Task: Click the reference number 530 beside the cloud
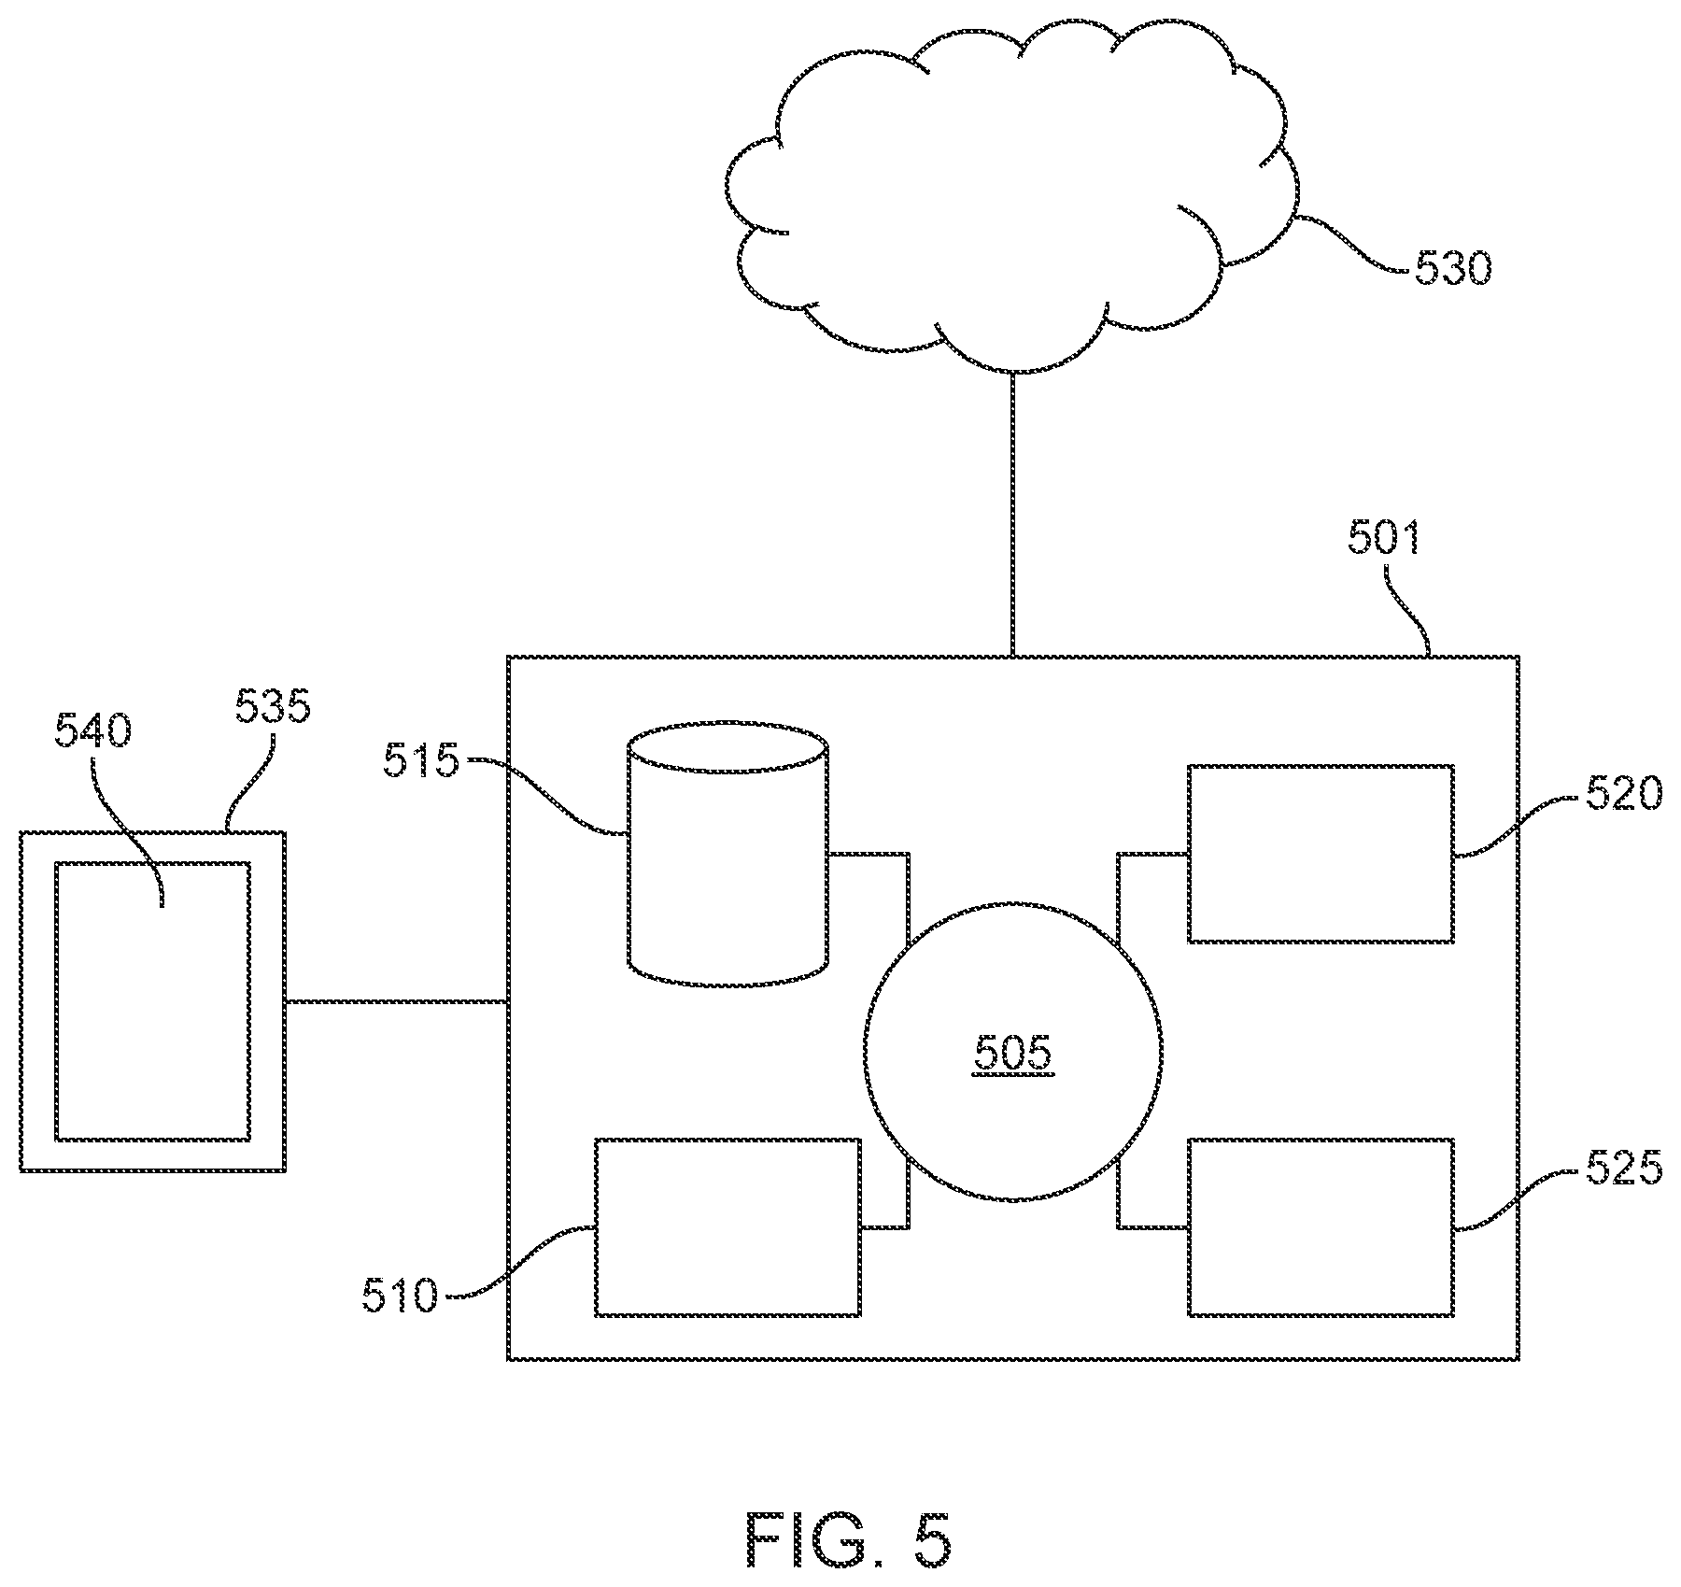[x=1453, y=270]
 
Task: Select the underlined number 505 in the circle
[x=1013, y=1053]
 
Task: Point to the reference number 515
[x=421, y=761]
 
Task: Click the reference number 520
[x=1624, y=794]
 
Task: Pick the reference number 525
[x=1624, y=1168]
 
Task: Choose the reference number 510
[x=401, y=1297]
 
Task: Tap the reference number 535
[x=272, y=707]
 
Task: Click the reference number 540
[x=92, y=731]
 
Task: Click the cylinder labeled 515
[x=727, y=853]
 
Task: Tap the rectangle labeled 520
[x=1321, y=854]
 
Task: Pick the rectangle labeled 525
[x=1321, y=1227]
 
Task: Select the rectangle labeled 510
[x=727, y=1227]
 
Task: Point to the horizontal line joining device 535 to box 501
[x=396, y=1002]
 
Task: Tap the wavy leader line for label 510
[x=519, y=1262]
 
